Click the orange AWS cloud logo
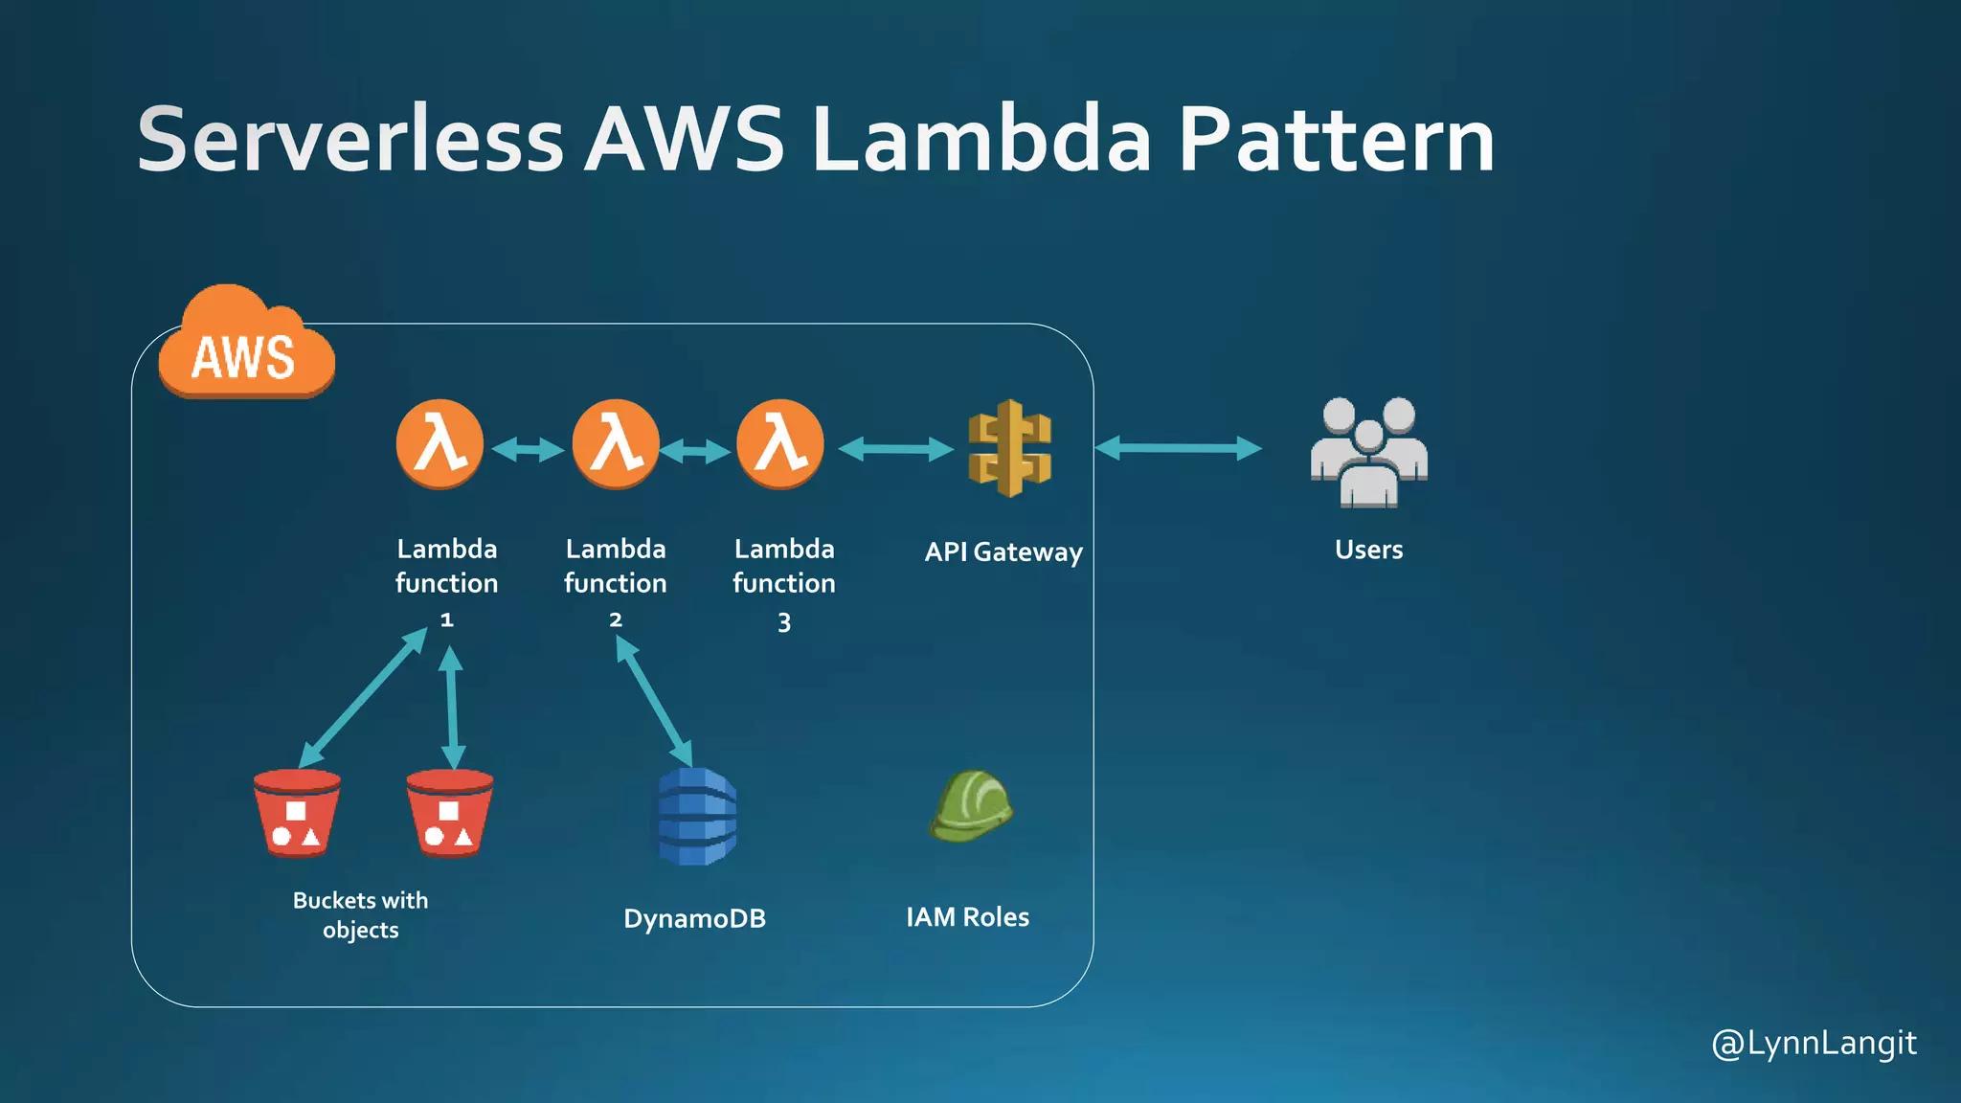(x=245, y=347)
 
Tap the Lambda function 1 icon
(x=440, y=444)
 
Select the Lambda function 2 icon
(x=615, y=444)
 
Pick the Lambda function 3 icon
(x=780, y=444)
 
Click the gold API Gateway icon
(x=1009, y=448)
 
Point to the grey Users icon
(x=1368, y=452)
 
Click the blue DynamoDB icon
(x=697, y=816)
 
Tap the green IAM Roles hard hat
(x=971, y=806)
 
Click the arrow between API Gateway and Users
(x=1178, y=448)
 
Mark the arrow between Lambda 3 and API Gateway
(x=895, y=448)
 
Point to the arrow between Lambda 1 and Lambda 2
(x=528, y=449)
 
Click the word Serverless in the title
(x=350, y=140)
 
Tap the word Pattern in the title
(x=1336, y=140)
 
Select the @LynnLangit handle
(x=1814, y=1044)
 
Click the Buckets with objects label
(x=360, y=914)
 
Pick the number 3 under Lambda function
(x=784, y=623)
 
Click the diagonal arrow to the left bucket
(x=364, y=697)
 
